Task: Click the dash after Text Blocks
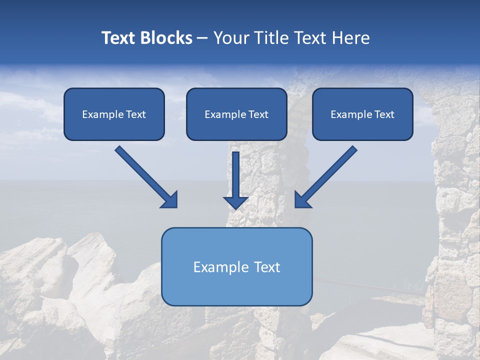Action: pyautogui.click(x=202, y=38)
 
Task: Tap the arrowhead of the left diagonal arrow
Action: pyautogui.click(x=170, y=200)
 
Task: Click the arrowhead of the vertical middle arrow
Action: pyautogui.click(x=236, y=202)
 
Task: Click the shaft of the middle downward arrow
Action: pyautogui.click(x=236, y=172)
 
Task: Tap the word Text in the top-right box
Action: pyautogui.click(x=384, y=114)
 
